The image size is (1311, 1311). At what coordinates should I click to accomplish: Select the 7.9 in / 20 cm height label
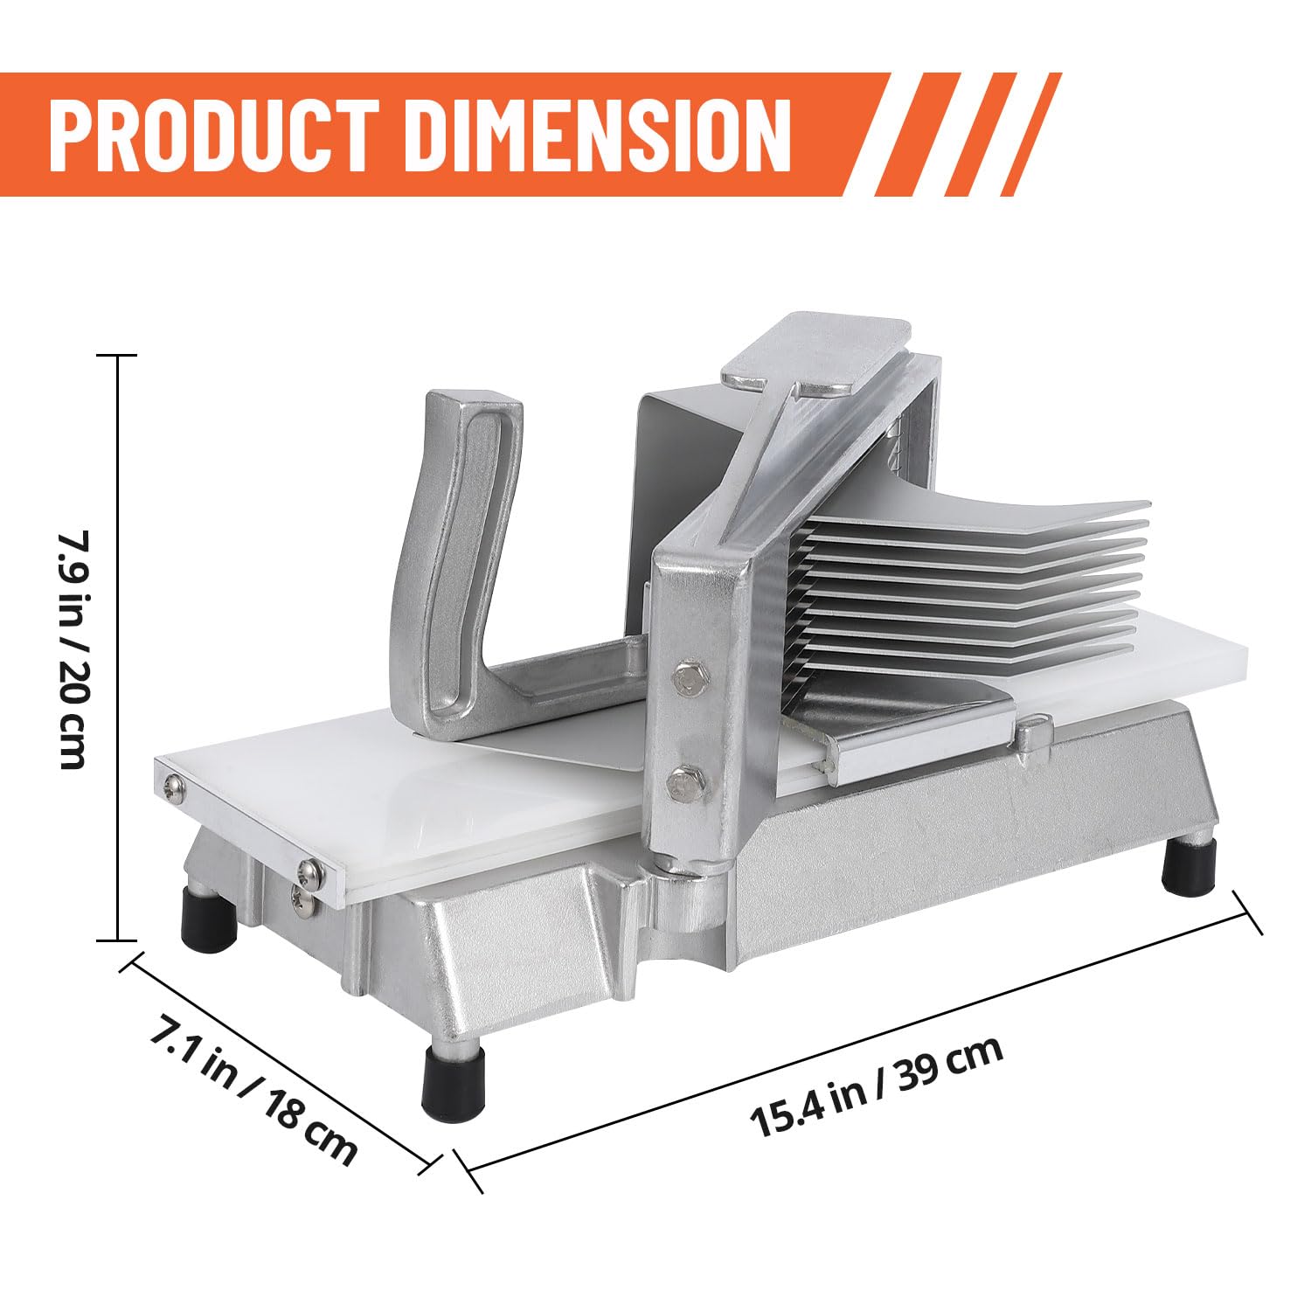click(x=72, y=649)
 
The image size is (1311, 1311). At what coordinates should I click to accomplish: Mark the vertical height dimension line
click(x=117, y=648)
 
